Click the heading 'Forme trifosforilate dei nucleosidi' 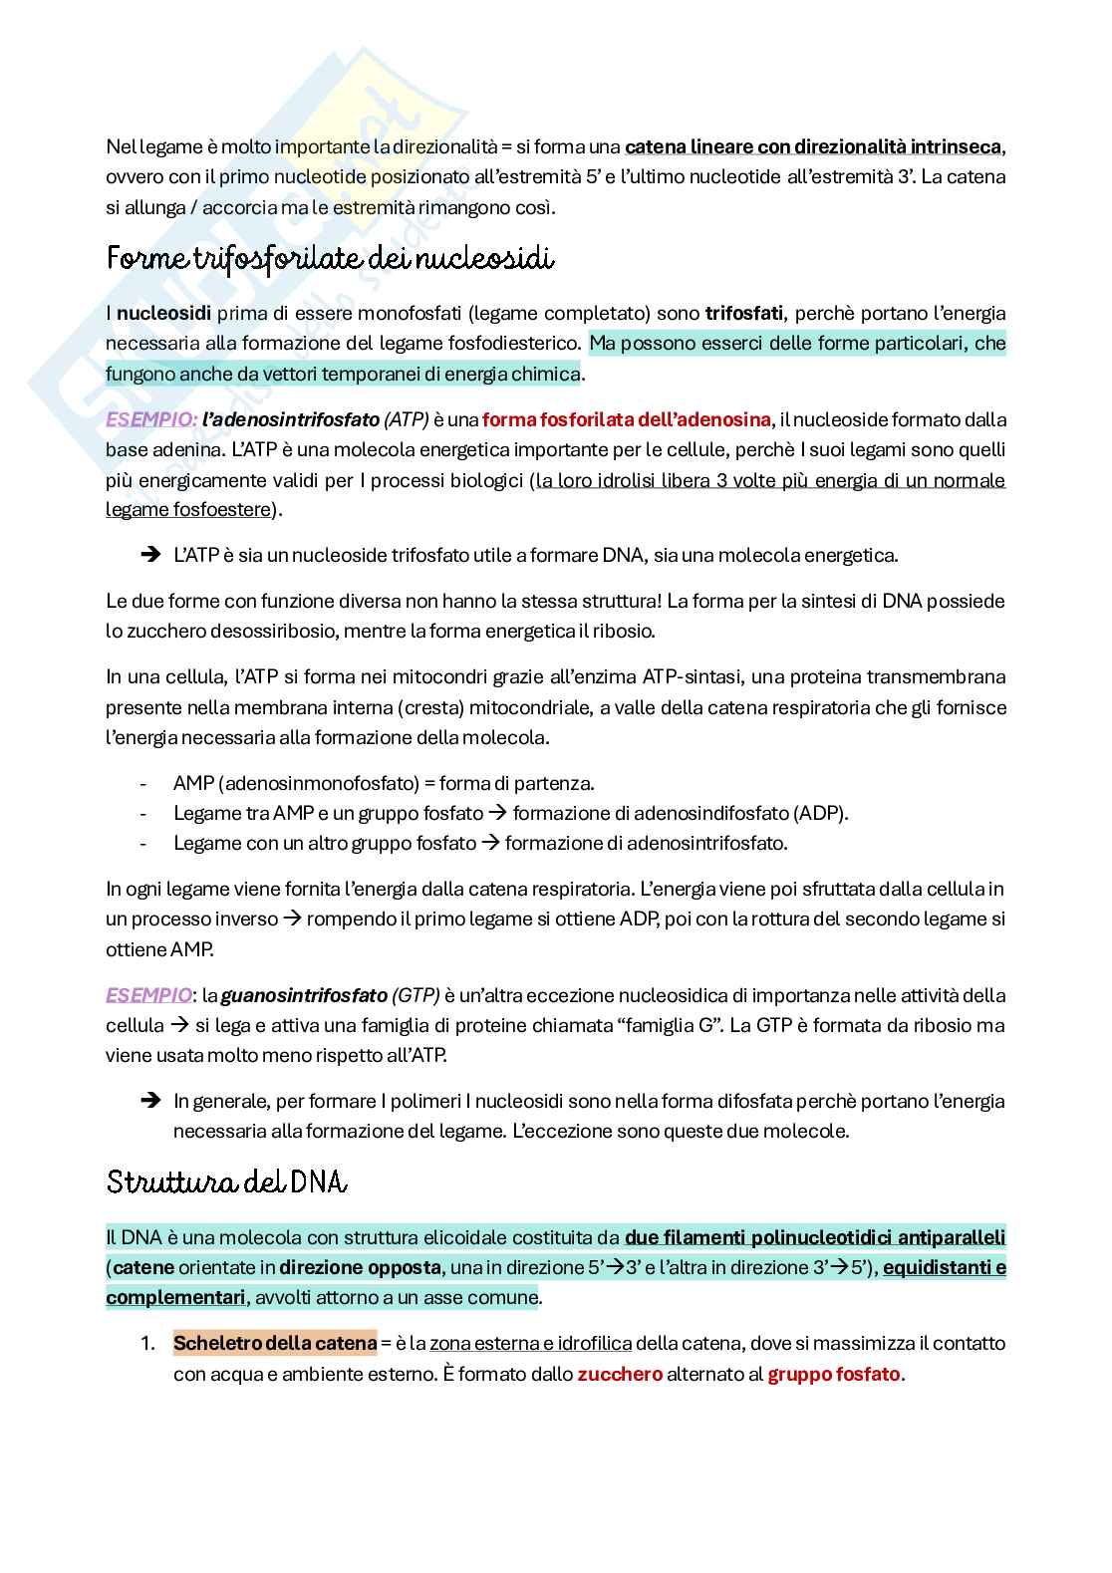coord(330,259)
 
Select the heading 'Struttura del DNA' coord(226,1182)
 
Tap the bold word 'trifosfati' coord(745,313)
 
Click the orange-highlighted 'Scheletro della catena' coord(275,1343)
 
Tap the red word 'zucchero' coord(620,1374)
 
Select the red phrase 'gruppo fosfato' coord(834,1374)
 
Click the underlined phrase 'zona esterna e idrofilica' coord(530,1343)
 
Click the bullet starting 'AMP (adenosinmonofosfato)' coord(384,783)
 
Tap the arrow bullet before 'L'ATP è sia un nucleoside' coord(151,555)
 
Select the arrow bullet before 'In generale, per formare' coord(151,1101)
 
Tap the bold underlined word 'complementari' coord(174,1298)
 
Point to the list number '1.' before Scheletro coord(147,1343)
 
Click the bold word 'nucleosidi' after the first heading coord(163,313)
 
